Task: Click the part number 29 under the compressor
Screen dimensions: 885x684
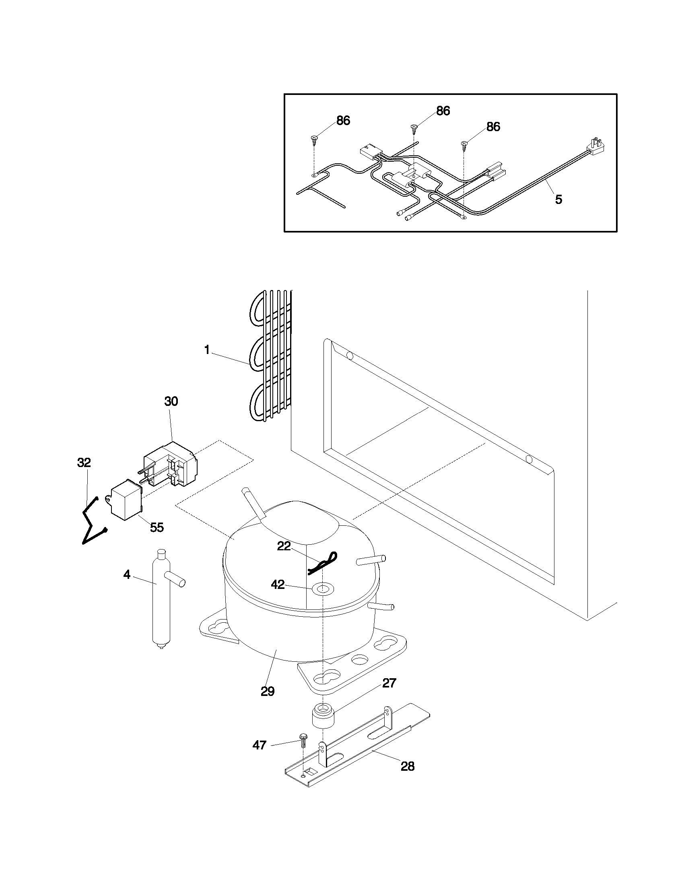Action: point(268,691)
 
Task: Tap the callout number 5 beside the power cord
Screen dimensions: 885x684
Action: point(558,200)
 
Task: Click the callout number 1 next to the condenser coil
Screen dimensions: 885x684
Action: point(207,350)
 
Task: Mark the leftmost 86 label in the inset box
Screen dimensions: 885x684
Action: point(343,121)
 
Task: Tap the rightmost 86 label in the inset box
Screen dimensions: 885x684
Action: point(493,127)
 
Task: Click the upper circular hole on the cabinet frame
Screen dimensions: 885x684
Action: point(350,356)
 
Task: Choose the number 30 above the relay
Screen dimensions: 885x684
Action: point(171,401)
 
